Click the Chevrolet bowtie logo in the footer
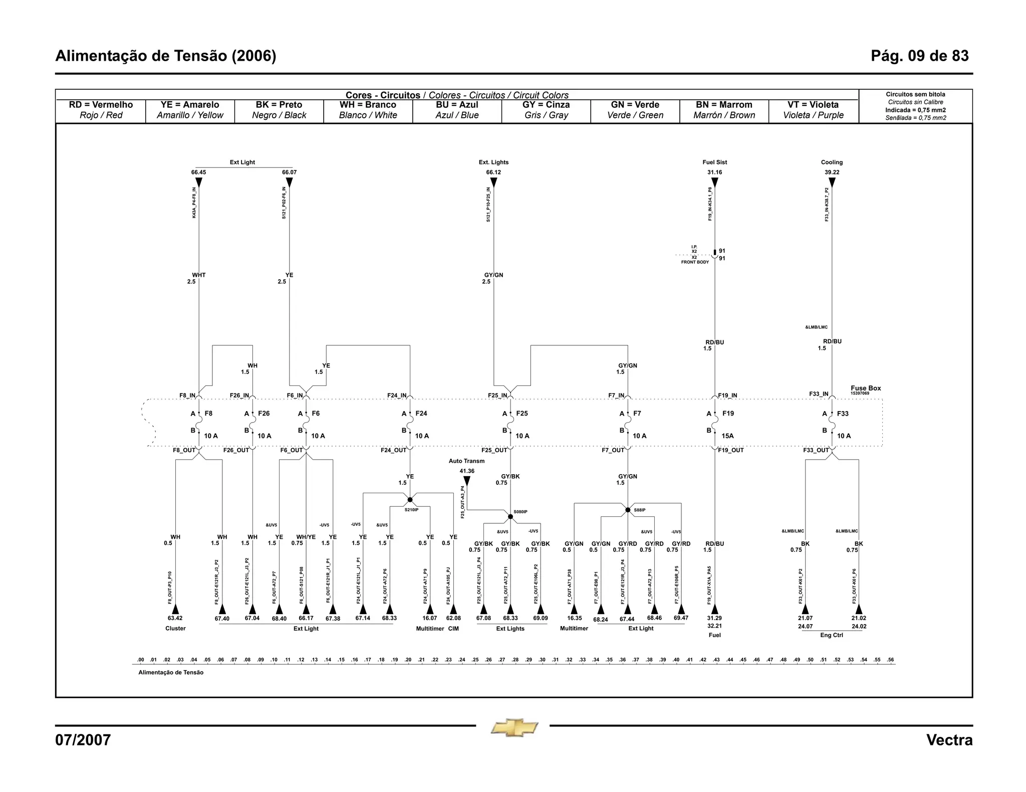coord(514,727)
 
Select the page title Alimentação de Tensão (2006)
coord(166,56)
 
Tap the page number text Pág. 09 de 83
coord(919,56)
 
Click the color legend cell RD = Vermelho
coord(101,110)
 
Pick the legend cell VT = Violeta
coord(813,110)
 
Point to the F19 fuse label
coord(728,414)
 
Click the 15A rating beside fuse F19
coord(727,436)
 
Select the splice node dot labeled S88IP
coord(628,510)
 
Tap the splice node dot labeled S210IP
coord(410,500)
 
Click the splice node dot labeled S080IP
coord(510,516)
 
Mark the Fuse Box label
coord(865,388)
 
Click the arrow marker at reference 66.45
coord(199,182)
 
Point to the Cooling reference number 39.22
coord(832,172)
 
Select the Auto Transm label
coord(466,461)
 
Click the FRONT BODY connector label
coord(695,262)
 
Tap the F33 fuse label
coord(843,414)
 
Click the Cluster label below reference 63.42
coord(175,629)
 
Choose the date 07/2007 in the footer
coord(83,740)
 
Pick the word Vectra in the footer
coord(949,740)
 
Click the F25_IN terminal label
coord(497,395)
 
